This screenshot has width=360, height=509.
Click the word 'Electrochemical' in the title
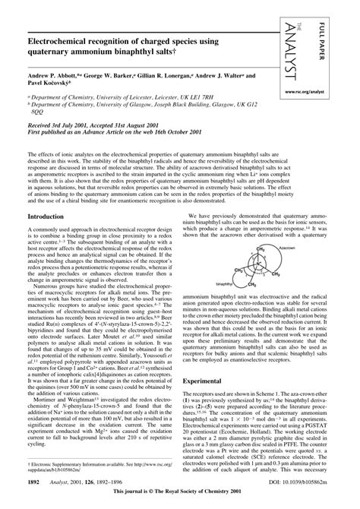(x=74, y=35)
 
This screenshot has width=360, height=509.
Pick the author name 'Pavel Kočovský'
(x=52, y=86)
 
